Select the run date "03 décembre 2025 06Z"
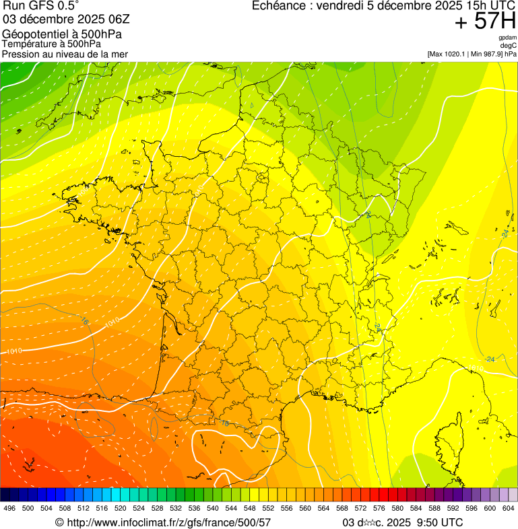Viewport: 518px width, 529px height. coord(71,19)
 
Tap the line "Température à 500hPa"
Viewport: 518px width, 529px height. coord(51,44)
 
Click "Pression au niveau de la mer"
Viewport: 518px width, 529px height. coord(65,54)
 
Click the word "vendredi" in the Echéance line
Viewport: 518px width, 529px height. coord(338,6)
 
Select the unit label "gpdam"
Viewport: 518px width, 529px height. coord(507,38)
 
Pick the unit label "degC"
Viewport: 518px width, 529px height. coord(509,45)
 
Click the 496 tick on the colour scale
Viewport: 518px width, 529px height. coord(9,508)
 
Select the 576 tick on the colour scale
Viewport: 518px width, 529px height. coord(379,508)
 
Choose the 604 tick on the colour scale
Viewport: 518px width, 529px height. coord(509,508)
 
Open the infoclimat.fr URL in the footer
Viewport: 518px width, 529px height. coord(168,522)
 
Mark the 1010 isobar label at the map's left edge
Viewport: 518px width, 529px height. coord(13,351)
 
